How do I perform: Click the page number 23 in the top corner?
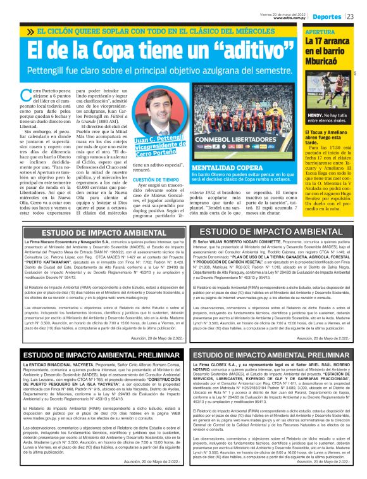[x=359, y=16]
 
